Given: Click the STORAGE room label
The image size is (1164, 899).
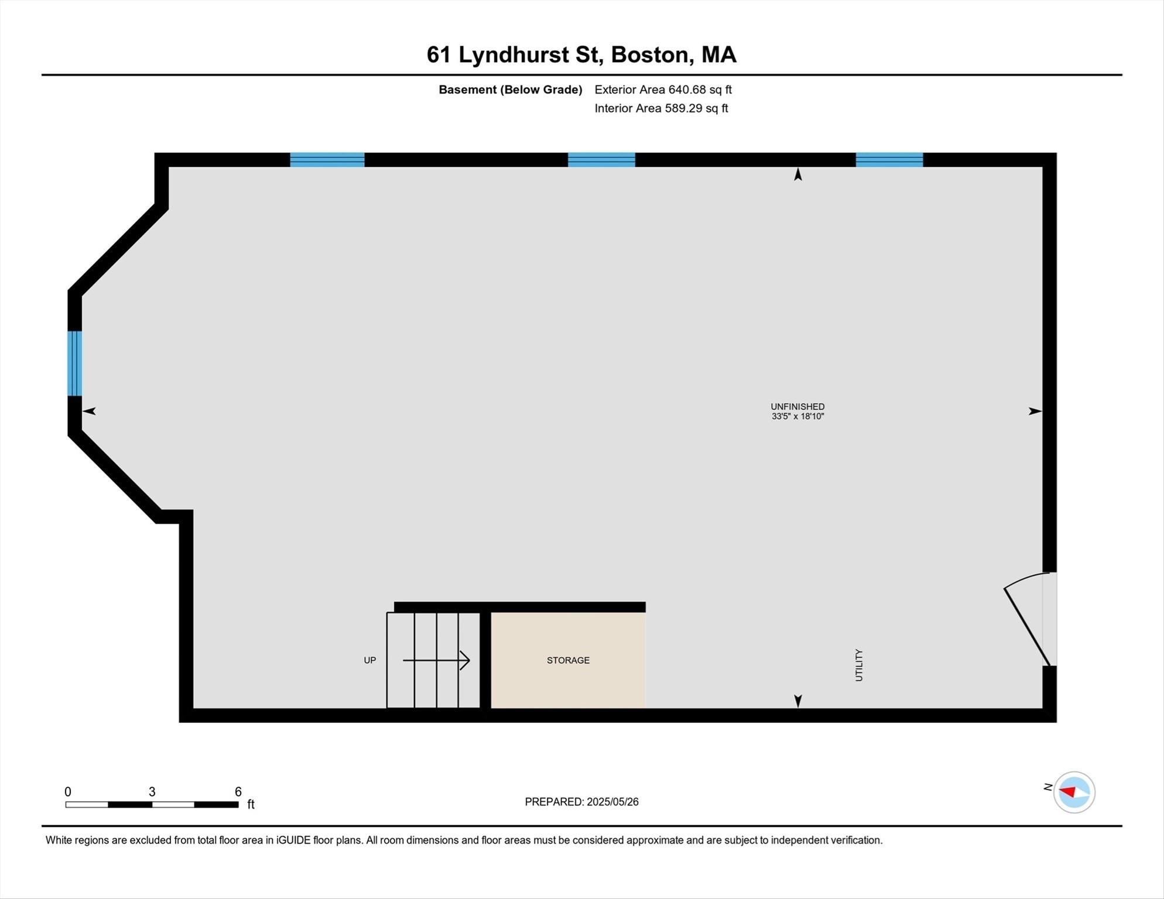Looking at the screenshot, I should tap(568, 660).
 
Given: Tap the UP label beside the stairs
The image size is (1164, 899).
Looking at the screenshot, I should tap(369, 660).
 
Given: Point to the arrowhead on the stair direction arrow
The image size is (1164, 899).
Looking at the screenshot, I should tap(465, 660).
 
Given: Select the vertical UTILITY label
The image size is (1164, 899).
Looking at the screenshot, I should tap(859, 665).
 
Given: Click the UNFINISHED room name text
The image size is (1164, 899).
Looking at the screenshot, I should tap(797, 406).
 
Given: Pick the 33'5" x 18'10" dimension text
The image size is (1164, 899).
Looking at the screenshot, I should tap(797, 417).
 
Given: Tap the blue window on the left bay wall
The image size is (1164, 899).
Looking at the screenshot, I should tap(74, 363).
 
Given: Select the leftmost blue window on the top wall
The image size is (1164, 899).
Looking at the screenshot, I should tap(327, 160).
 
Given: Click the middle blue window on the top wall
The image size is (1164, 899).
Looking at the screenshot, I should tap(601, 160).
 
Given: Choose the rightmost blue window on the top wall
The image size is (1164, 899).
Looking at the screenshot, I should tap(889, 160).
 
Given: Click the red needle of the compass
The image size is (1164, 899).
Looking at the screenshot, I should tap(1068, 791).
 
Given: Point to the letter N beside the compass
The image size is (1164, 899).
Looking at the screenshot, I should tap(1048, 787).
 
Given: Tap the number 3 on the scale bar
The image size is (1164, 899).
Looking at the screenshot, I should tap(152, 792).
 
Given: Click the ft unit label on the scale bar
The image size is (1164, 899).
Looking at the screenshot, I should tap(251, 804).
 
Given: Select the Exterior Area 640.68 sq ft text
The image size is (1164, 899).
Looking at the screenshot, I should tap(663, 90).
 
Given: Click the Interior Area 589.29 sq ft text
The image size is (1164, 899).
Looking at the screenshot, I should tap(661, 108).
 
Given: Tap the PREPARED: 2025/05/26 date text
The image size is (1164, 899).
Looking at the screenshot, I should tap(581, 802).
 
